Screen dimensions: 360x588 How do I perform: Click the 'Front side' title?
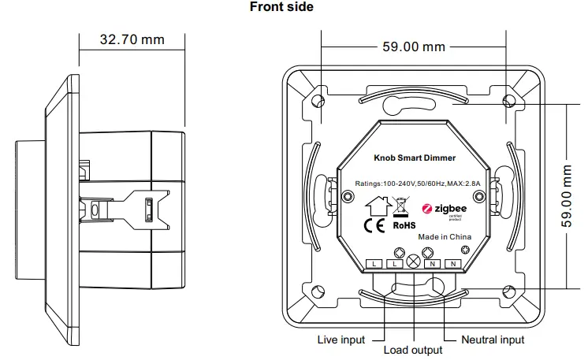pos(281,8)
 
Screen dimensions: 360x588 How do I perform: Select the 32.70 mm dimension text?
pos(132,39)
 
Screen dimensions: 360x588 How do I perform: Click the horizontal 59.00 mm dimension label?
pos(414,46)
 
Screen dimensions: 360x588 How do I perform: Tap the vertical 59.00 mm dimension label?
pos(567,196)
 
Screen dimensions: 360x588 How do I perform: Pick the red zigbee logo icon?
pos(429,209)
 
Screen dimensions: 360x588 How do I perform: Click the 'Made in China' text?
pos(444,236)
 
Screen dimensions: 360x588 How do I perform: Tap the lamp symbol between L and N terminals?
pos(411,262)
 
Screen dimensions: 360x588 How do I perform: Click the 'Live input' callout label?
pos(341,340)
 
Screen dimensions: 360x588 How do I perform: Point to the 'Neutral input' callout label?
pos(493,340)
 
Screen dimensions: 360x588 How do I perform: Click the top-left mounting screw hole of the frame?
pos(318,102)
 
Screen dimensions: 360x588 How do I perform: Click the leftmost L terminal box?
pos(374,263)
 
